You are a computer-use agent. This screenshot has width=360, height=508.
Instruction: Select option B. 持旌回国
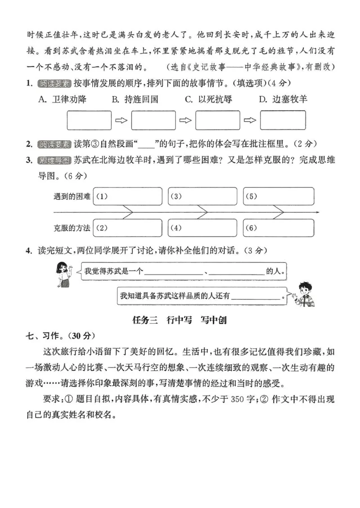tap(135, 99)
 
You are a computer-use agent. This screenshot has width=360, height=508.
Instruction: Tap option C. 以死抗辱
tap(209, 99)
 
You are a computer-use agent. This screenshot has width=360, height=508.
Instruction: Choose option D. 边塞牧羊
tap(283, 99)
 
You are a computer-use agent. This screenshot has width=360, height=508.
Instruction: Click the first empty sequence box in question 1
tap(89, 120)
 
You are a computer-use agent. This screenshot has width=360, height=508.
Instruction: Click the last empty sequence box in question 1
tap(283, 120)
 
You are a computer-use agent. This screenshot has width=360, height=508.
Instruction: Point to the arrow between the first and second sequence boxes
tap(121, 120)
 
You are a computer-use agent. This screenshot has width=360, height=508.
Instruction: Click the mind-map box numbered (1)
tap(127, 196)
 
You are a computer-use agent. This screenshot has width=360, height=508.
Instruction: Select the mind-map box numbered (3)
tap(202, 196)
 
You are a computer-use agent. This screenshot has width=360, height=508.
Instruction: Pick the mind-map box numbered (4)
tap(202, 228)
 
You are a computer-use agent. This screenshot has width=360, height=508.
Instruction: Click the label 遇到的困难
tap(72, 196)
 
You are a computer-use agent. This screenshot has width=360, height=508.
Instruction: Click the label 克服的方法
tap(72, 228)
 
